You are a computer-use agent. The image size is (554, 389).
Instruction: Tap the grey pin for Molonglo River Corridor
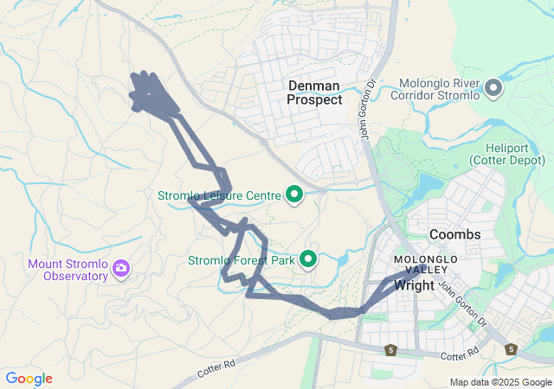[x=493, y=87]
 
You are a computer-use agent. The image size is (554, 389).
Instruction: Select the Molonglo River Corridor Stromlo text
[x=439, y=89]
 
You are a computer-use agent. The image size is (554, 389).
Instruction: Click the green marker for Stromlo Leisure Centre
[x=293, y=195]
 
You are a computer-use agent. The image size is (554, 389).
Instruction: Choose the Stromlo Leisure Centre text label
[x=219, y=195]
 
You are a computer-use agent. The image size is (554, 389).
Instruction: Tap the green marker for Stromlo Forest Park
[x=308, y=259]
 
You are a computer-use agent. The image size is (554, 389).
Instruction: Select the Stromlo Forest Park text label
[x=242, y=259]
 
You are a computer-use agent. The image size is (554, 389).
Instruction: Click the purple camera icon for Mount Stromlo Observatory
[x=121, y=270]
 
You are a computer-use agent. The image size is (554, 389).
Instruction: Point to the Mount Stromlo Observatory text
[x=68, y=270]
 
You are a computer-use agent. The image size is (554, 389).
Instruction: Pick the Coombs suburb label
[x=454, y=234]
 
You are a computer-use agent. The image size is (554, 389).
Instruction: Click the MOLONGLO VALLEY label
[x=423, y=265]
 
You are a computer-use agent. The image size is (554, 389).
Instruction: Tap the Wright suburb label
[x=415, y=284]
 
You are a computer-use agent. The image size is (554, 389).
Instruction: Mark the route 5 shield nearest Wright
[x=391, y=349]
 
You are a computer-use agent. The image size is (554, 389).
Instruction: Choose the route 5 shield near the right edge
[x=511, y=349]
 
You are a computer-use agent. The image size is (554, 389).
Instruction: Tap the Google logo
[x=29, y=379]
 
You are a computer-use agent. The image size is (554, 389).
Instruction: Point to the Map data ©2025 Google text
[x=500, y=382]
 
